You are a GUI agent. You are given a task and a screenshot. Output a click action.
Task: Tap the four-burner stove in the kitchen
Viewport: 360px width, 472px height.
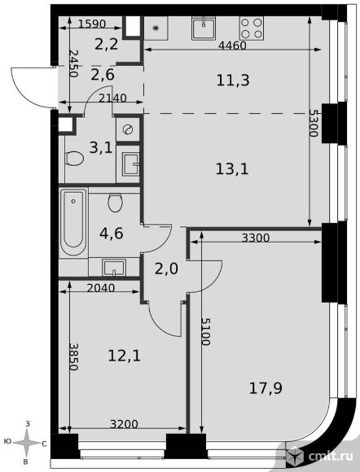coord(252,28)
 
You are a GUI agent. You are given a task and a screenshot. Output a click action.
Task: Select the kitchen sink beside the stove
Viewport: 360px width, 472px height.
coord(204,28)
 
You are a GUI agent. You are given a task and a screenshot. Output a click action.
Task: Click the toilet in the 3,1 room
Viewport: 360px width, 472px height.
coord(74,158)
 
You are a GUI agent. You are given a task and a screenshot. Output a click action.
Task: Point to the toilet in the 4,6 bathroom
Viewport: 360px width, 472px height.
coord(115,203)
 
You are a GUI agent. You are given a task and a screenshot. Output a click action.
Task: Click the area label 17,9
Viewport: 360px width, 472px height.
coord(266,388)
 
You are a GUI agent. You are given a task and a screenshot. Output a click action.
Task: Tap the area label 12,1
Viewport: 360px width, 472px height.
coord(124,356)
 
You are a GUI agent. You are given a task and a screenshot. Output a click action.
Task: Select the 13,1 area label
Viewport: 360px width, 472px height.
coord(232,169)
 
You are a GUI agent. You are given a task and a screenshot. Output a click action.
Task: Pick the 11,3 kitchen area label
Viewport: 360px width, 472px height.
coord(233,81)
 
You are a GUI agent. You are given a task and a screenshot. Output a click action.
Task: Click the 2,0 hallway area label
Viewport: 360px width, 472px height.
coord(166,269)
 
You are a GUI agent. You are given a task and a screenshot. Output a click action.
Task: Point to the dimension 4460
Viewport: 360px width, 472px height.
coord(232,46)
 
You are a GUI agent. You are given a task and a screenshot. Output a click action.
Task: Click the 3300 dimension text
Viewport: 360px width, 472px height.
coord(256,238)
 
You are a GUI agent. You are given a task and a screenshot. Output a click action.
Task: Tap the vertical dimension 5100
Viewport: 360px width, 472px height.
coord(206,331)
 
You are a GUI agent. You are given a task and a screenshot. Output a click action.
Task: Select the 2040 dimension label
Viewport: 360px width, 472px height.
coord(101,288)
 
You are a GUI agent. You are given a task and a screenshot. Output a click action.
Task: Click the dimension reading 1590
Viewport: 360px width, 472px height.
coord(92,24)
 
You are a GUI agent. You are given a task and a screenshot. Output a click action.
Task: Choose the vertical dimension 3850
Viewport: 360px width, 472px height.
coord(73,356)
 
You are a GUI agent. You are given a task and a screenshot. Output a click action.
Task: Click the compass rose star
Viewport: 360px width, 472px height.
coord(27,443)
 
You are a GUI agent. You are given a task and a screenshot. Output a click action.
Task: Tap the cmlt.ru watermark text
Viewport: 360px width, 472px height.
coord(331,457)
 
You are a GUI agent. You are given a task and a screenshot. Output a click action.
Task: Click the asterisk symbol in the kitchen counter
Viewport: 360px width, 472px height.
coord(156,28)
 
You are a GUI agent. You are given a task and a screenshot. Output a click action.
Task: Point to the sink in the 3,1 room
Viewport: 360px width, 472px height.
coord(131,164)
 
